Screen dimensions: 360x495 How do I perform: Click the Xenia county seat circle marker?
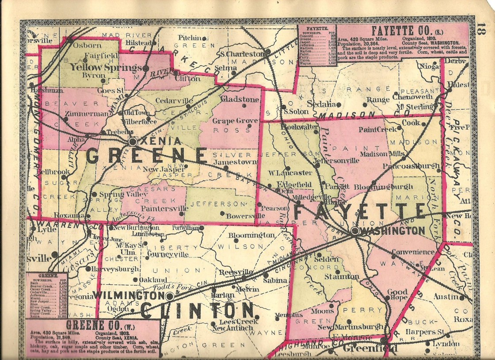point(133,142)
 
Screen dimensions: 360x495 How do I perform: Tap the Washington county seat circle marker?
point(355,231)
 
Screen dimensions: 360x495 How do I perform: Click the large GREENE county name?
point(146,156)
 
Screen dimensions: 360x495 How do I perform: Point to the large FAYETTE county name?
point(359,211)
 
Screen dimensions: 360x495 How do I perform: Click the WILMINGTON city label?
point(126,295)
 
